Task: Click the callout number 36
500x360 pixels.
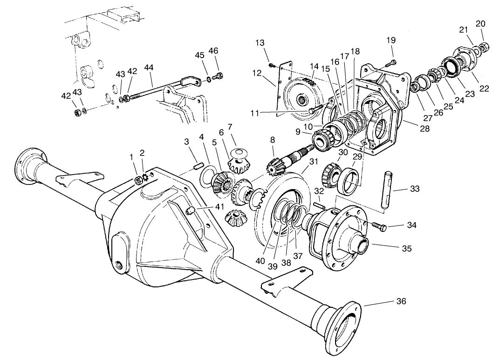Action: tap(400, 301)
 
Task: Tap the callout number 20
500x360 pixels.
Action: tap(480, 23)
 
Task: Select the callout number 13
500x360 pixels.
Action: tap(260, 43)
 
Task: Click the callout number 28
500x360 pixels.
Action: tap(424, 128)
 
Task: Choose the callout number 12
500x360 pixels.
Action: tap(257, 73)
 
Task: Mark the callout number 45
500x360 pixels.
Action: tap(200, 55)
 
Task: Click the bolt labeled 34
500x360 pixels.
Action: tap(377, 225)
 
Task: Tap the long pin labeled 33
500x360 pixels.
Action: tap(386, 191)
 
